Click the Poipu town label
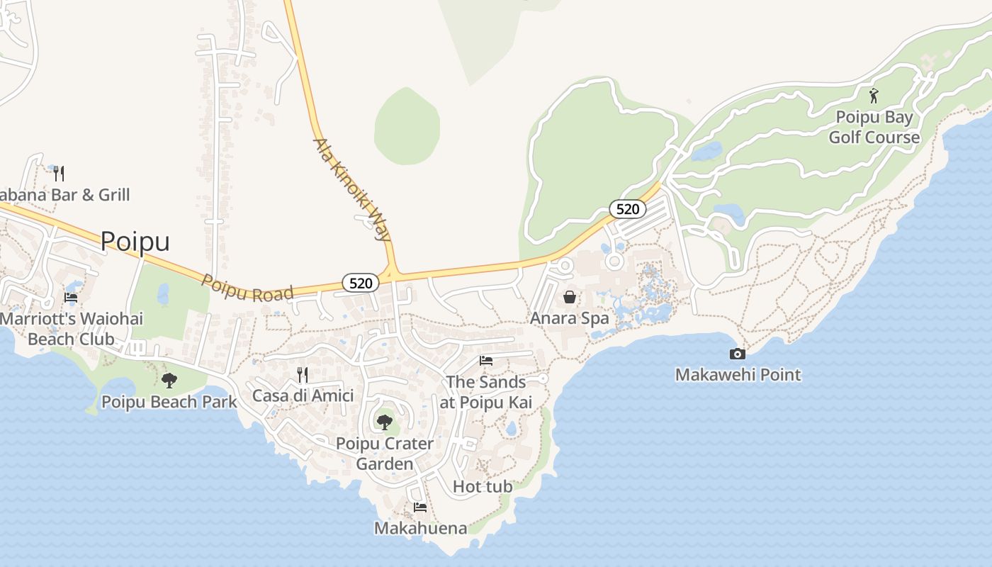135,242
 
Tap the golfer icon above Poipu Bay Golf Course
874,95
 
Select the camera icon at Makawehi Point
737,354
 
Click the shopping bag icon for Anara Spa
569,297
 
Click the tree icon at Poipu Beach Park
169,381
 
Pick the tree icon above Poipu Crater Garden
384,422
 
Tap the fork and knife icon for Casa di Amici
302,374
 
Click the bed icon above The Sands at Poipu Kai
486,361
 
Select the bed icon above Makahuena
420,507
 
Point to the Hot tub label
483,487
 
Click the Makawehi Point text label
738,375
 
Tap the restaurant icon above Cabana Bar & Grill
59,172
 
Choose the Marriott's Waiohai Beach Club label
71,329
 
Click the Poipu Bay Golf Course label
874,127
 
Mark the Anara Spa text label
570,318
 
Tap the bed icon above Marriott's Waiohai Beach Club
71,298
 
